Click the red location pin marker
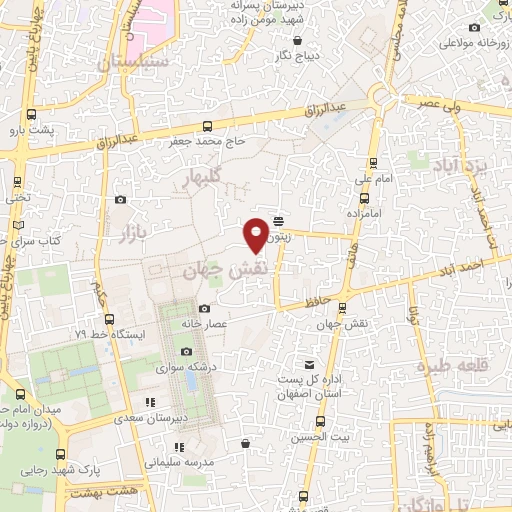tap(257, 234)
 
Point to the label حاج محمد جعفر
tap(208, 142)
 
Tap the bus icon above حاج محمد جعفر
tap(207, 126)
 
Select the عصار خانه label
tap(205, 324)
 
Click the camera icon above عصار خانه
tap(205, 309)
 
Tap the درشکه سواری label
tap(187, 367)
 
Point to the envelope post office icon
tap(309, 363)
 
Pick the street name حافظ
tap(291, 298)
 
